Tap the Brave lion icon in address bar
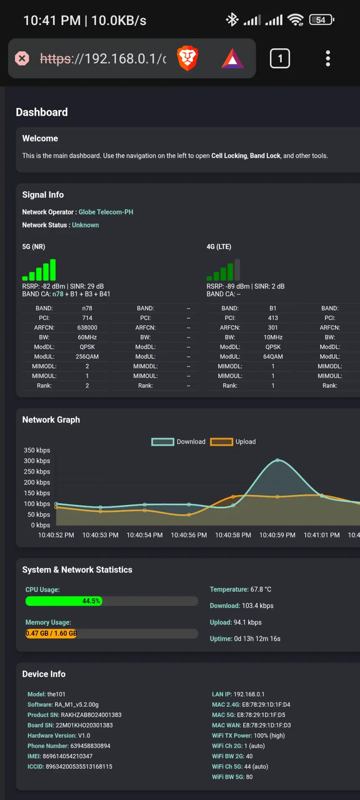pos(187,58)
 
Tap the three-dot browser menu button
pos(328,58)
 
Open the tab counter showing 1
pos(280,58)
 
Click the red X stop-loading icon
pos(22,58)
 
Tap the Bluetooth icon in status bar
pos(232,20)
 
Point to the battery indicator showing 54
pos(322,20)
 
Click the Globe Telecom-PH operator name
pos(106,212)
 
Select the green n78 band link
pos(58,294)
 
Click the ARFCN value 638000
pos(87,328)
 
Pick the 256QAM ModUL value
pos(87,357)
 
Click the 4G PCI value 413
pos(273,318)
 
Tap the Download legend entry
pos(178,442)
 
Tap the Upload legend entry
pos(233,442)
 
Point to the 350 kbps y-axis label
pos(37,450)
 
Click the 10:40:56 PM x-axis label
pos(189,535)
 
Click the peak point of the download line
pos(277,460)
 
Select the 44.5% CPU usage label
pos(91,601)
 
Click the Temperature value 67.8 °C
pos(261,590)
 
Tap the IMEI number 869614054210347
pos(67,756)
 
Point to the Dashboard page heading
pos(42,112)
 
